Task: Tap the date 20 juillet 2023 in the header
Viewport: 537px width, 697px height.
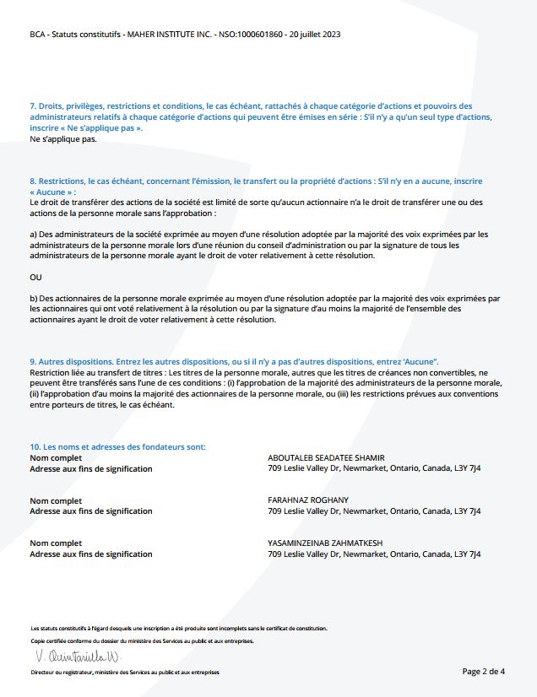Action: pyautogui.click(x=315, y=35)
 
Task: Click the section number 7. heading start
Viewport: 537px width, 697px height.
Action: pyautogui.click(x=33, y=106)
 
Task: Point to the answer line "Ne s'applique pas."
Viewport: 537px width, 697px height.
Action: pyautogui.click(x=62, y=138)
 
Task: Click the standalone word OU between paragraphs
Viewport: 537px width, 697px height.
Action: pyautogui.click(x=35, y=277)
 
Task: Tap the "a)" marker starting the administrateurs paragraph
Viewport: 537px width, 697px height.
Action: pyautogui.click(x=34, y=234)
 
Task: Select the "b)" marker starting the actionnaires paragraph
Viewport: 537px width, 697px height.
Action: pyautogui.click(x=34, y=298)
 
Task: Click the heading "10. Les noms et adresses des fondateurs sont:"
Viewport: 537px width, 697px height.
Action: pyautogui.click(x=117, y=446)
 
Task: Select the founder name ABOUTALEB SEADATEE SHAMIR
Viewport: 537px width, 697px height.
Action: pyautogui.click(x=324, y=457)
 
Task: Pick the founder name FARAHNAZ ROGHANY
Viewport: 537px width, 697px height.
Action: pyautogui.click(x=307, y=500)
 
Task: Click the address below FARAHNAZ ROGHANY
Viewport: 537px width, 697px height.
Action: pyautogui.click(x=374, y=511)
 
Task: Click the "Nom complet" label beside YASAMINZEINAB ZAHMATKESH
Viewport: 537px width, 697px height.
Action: pyautogui.click(x=56, y=543)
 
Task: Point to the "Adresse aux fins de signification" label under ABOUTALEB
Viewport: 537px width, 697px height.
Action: pyautogui.click(x=91, y=468)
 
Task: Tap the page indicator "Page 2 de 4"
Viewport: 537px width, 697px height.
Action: pyautogui.click(x=484, y=672)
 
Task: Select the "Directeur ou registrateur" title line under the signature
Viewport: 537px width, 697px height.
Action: pyautogui.click(x=124, y=673)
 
